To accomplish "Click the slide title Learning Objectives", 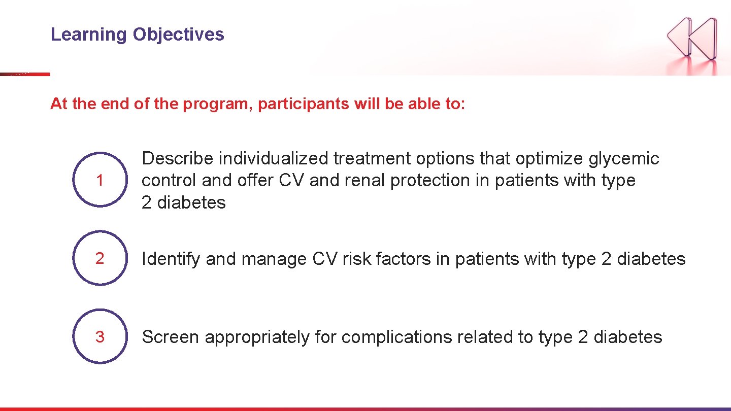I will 137,35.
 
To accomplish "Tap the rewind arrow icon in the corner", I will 692,38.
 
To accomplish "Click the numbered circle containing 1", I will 99,180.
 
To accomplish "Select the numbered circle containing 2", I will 99,258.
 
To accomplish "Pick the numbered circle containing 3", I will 99,336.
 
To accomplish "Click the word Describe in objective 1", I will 178,159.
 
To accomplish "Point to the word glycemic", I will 624,159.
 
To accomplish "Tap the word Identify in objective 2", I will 171,259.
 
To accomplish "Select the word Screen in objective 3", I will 170,337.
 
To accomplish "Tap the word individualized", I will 274,159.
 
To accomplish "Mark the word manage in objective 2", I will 274,259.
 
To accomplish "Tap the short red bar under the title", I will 25,74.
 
